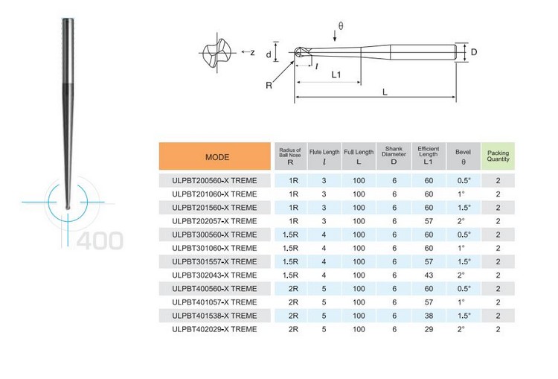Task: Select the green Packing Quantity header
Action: click(x=498, y=156)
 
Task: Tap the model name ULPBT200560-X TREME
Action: click(x=214, y=181)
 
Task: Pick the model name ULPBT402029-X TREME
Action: click(x=214, y=329)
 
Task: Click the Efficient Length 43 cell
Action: click(x=429, y=275)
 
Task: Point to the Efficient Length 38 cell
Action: click(x=429, y=316)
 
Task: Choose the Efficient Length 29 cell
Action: click(x=429, y=329)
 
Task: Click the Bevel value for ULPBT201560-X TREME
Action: click(x=464, y=208)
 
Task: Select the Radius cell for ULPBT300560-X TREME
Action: click(x=290, y=235)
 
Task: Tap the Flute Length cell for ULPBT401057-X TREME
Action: click(x=324, y=302)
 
